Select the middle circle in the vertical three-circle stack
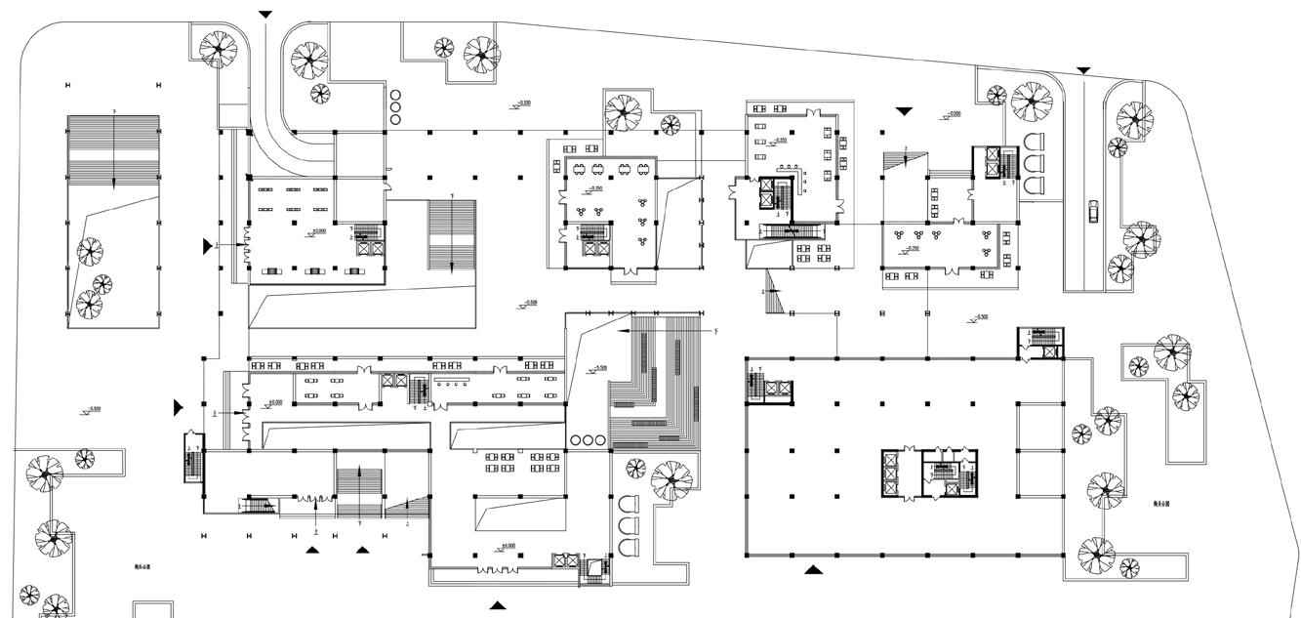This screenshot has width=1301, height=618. tap(395, 106)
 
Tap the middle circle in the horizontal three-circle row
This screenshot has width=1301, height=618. tap(586, 440)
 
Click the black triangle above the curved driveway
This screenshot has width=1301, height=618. tap(265, 15)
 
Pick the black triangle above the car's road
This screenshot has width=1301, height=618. tap(1083, 70)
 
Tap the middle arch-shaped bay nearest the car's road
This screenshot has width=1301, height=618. tap(1033, 162)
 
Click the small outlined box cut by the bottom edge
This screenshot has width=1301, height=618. tap(151, 609)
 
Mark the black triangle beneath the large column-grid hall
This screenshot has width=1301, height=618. tap(812, 569)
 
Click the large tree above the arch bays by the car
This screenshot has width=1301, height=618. tap(1032, 101)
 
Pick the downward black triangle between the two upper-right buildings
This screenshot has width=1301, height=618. tap(904, 112)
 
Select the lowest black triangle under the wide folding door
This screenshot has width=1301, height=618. tap(498, 605)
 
